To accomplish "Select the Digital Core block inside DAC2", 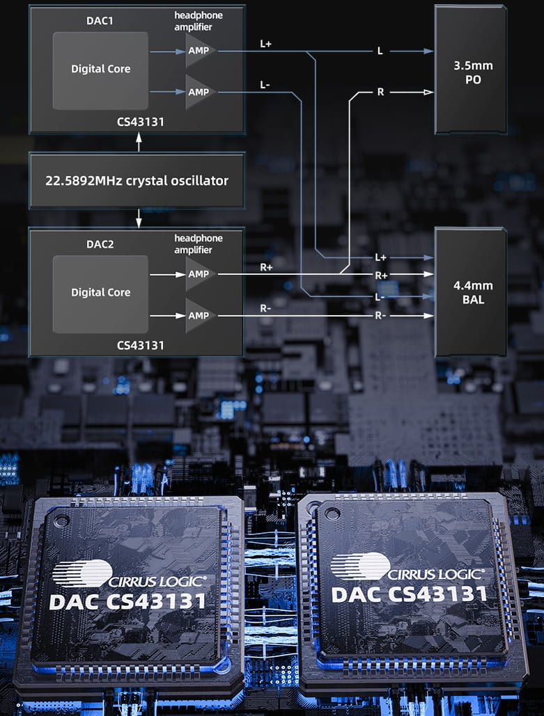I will tap(100, 292).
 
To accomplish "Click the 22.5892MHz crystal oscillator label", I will tap(137, 180).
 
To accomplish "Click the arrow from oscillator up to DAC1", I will tap(139, 143).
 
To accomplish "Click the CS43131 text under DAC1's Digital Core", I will tap(141, 121).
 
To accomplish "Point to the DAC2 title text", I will tap(100, 244).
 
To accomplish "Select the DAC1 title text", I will tap(100, 21).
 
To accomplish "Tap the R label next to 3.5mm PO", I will tap(380, 92).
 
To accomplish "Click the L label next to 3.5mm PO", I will tap(380, 51).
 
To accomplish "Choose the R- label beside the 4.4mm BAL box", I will tap(380, 315).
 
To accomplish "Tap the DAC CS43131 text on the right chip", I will tap(409, 594).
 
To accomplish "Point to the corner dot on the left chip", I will tap(63, 519).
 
